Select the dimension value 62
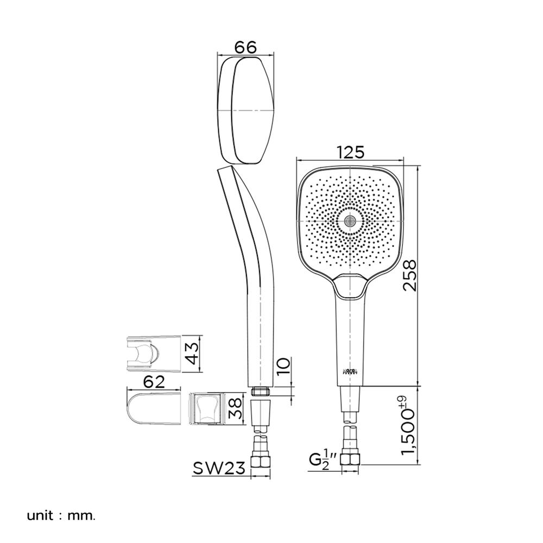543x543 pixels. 154,381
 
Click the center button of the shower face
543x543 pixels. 351,220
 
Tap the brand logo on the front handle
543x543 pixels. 351,371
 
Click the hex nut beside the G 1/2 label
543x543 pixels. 351,460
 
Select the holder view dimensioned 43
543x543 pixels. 153,354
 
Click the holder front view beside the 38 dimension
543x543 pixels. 207,408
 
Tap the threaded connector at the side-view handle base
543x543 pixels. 261,392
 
